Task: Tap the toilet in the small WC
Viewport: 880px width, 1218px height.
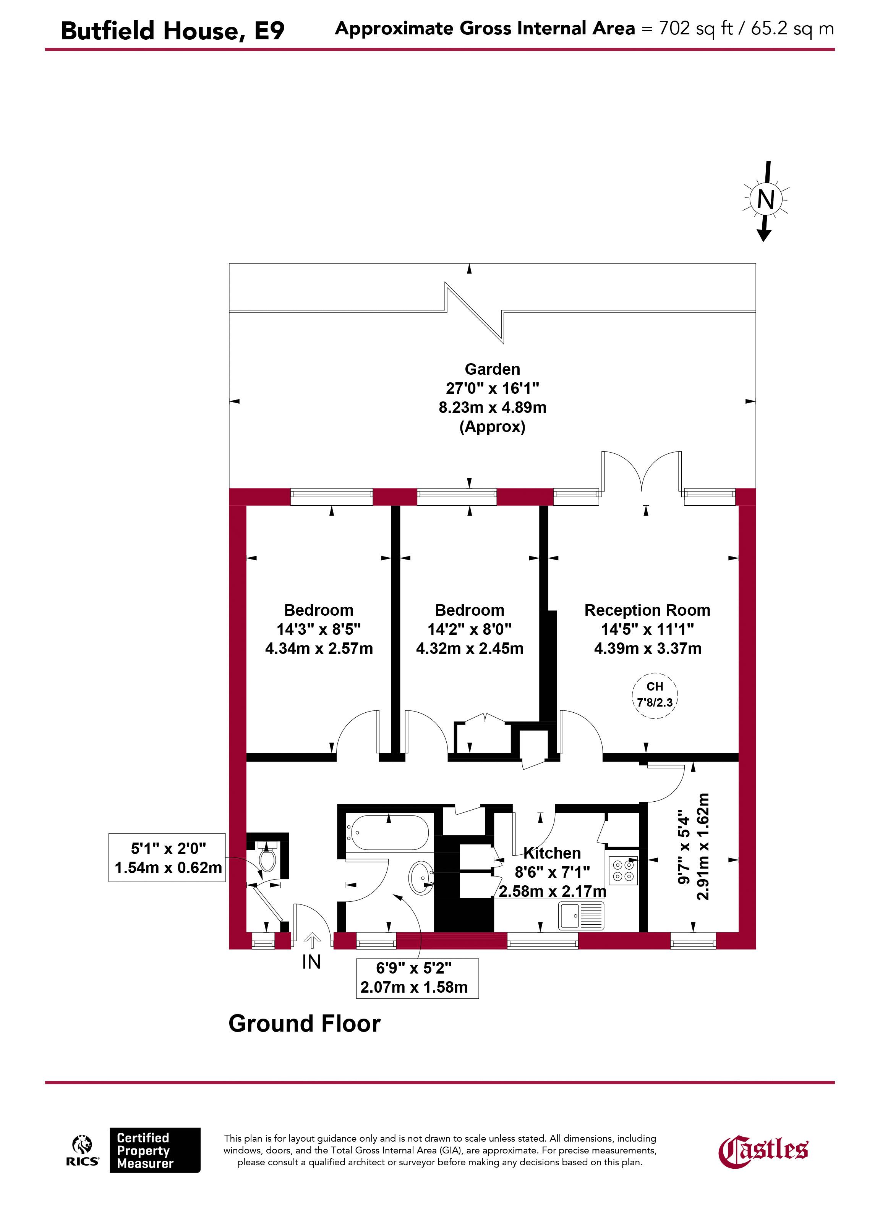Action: click(267, 858)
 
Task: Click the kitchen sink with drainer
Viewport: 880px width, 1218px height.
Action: click(581, 915)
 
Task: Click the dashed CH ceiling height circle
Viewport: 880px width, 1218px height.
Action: click(654, 696)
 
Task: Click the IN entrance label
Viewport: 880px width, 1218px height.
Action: click(311, 962)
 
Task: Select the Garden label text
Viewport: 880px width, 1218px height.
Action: click(492, 369)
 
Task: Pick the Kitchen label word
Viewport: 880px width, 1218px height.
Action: click(552, 853)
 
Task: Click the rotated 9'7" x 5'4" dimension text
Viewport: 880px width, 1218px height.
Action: click(693, 847)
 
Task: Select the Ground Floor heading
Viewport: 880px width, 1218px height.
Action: click(304, 1024)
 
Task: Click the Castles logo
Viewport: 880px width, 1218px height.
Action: click(763, 1152)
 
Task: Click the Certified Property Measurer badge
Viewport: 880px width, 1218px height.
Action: click(155, 1150)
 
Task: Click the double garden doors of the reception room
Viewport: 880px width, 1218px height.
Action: click(642, 472)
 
